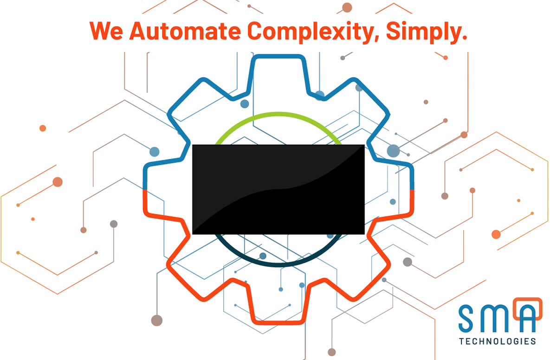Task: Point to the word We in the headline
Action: point(106,30)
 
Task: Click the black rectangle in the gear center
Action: point(278,189)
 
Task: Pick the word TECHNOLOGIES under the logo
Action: point(497,341)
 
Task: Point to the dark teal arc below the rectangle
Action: point(278,264)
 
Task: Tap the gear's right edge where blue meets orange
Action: point(412,190)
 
